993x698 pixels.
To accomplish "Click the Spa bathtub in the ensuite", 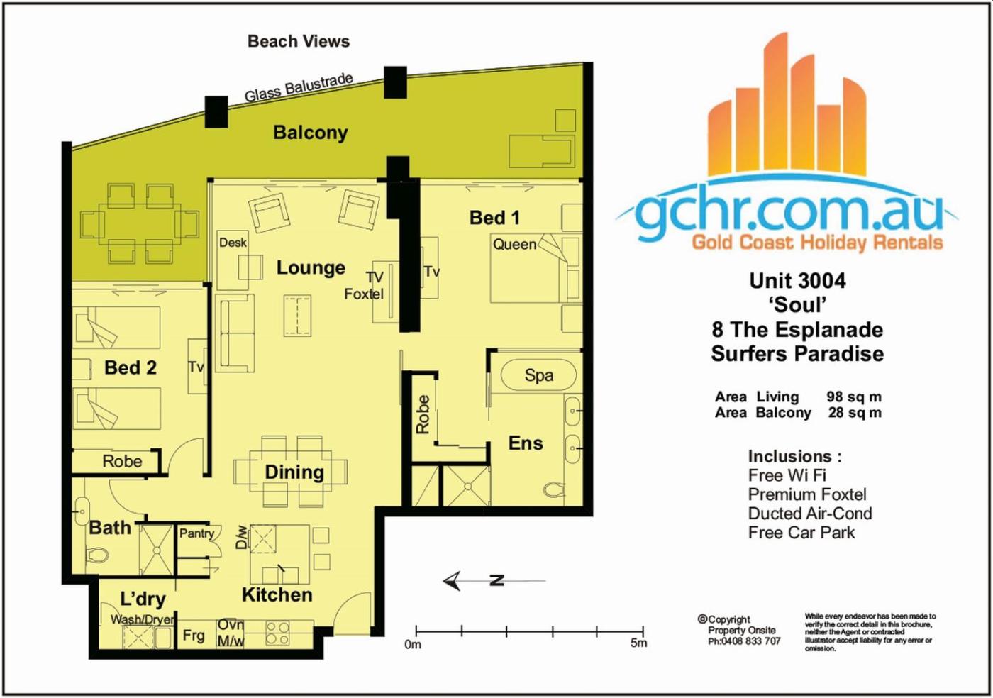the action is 538,375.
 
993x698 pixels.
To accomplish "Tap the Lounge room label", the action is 311,268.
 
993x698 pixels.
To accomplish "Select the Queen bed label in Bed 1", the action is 515,244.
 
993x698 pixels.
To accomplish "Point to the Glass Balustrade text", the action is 299,87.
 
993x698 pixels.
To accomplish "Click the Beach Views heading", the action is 299,41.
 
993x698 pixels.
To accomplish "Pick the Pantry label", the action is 196,533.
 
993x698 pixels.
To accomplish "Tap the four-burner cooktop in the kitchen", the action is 277,633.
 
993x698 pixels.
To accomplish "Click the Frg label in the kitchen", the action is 194,636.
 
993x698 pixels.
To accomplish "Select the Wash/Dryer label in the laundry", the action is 142,619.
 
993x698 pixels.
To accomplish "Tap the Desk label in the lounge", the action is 233,243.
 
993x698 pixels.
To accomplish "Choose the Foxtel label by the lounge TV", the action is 363,294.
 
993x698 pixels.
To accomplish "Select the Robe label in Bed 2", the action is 122,461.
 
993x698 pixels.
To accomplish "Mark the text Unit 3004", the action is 797,281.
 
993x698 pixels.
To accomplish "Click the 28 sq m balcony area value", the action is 855,412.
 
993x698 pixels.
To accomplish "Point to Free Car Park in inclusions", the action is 801,533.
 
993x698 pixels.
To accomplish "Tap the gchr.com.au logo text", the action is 789,212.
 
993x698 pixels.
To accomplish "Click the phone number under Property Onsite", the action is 744,641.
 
